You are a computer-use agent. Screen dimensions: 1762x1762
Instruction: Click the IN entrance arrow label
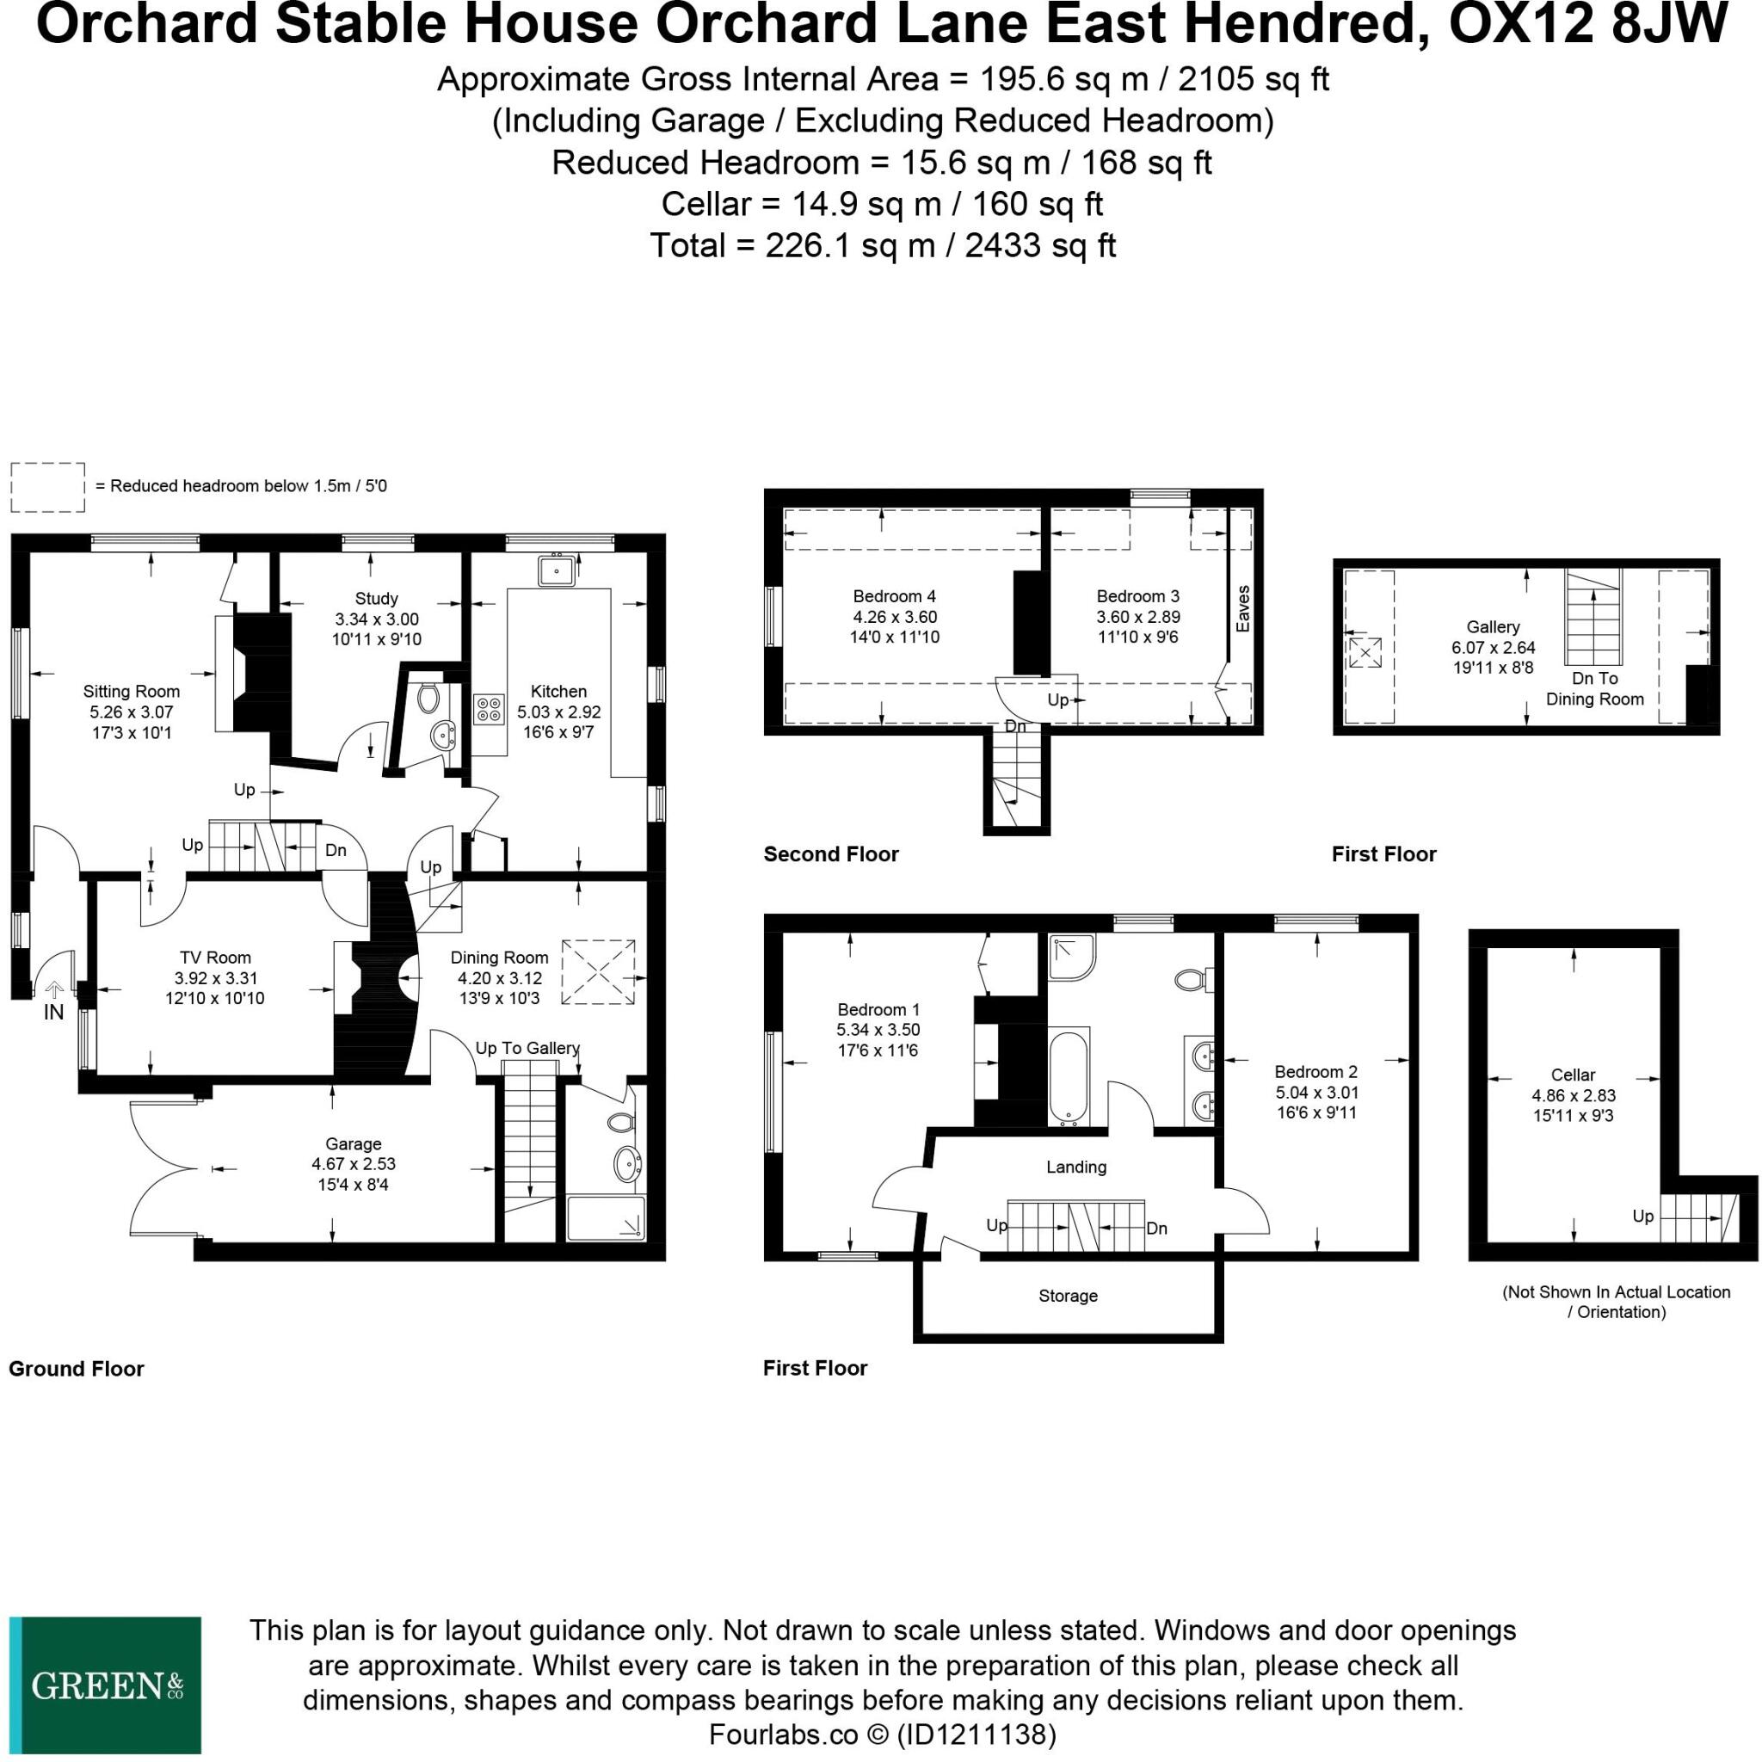click(54, 1012)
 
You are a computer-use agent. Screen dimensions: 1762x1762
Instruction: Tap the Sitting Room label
click(132, 692)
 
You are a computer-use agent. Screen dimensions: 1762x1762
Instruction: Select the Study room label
click(376, 598)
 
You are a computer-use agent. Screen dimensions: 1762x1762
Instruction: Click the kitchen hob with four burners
click(489, 710)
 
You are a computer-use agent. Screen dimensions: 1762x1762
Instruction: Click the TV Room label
click(215, 957)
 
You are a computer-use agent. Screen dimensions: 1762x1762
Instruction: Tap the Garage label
click(353, 1143)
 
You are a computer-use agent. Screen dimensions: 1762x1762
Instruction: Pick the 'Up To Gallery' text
click(527, 1048)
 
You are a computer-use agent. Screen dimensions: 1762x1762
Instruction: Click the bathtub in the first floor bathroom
click(1069, 1076)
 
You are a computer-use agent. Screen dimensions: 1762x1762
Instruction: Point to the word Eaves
click(1242, 608)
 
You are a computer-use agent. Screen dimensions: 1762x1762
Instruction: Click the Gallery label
click(1493, 626)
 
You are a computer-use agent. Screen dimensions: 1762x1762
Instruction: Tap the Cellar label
click(1574, 1075)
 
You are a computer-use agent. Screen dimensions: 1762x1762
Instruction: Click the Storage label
click(1068, 1295)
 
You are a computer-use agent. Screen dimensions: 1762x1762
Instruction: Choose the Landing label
click(1076, 1167)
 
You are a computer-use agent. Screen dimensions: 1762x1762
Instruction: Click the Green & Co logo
click(106, 1685)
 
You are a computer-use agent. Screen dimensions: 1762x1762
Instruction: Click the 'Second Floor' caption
click(831, 853)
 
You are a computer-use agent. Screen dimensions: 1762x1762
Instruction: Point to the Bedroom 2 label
click(1316, 1072)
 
